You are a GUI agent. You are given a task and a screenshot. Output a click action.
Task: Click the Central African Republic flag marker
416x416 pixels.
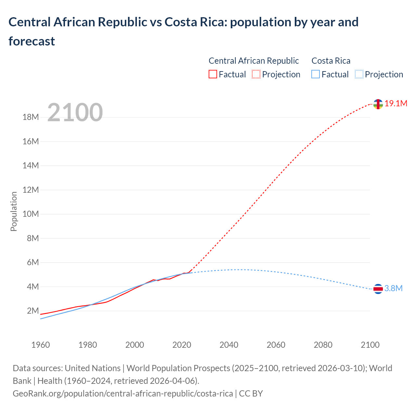click(378, 104)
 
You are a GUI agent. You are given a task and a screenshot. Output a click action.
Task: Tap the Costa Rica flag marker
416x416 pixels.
click(378, 289)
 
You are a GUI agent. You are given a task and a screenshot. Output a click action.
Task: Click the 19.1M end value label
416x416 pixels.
click(396, 104)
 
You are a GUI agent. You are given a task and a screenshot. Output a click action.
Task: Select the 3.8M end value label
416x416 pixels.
click(394, 289)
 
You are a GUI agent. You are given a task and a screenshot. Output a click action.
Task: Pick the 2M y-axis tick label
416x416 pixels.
click(33, 311)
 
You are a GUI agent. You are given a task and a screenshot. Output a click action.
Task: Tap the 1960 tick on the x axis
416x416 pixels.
click(41, 345)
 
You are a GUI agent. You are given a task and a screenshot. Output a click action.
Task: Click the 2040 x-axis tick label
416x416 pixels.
click(229, 345)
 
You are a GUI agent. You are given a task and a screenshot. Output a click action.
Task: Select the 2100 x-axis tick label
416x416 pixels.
click(370, 345)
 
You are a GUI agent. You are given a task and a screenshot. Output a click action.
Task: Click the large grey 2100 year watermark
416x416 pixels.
click(75, 112)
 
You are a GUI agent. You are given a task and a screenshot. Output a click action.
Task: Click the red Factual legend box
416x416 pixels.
click(213, 74)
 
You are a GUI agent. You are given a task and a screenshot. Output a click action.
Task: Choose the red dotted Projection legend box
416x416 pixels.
click(256, 74)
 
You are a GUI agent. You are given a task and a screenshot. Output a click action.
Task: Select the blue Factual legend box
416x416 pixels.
click(315, 74)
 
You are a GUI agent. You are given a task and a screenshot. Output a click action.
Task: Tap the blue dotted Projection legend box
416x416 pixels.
click(359, 74)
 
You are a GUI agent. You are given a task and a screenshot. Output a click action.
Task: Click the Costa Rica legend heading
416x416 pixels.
click(331, 61)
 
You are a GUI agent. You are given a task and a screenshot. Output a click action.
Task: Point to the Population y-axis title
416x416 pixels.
click(14, 211)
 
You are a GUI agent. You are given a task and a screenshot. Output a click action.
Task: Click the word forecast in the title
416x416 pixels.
click(32, 41)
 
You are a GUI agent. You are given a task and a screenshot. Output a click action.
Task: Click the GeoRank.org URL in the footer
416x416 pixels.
click(123, 394)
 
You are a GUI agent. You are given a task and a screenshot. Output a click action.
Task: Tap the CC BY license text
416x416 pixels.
click(251, 394)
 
